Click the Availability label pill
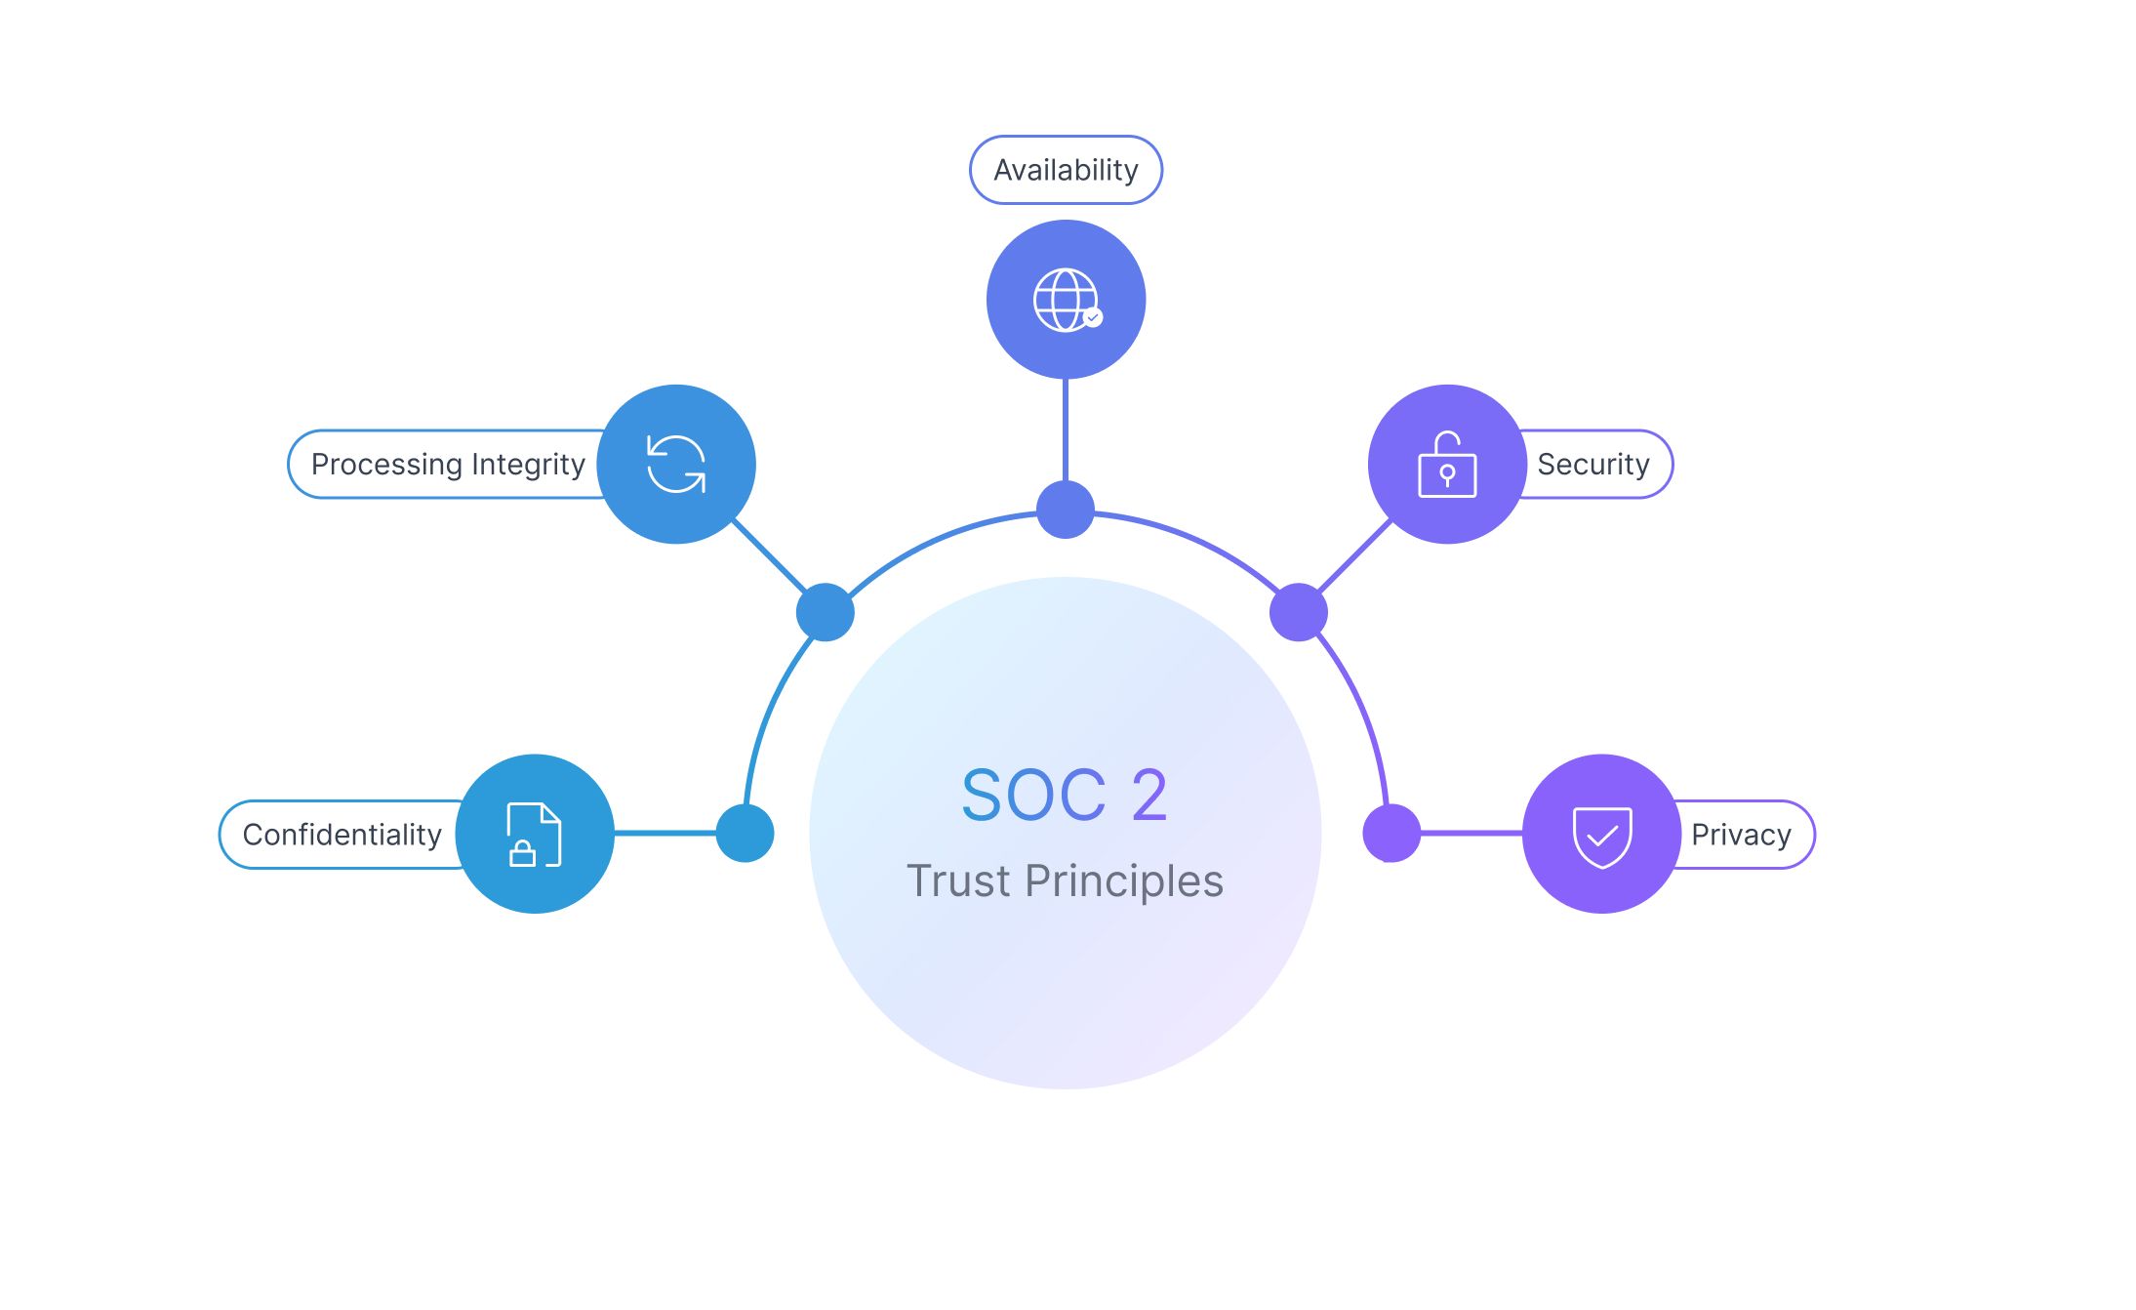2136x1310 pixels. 1066,170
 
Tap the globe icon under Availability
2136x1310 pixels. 1065,300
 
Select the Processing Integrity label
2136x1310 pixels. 448,464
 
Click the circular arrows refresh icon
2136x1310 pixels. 676,464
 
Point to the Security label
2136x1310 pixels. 1593,464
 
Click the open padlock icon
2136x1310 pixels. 1447,465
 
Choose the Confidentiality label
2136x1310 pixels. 342,835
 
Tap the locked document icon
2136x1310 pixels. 534,835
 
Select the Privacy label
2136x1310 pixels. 1741,835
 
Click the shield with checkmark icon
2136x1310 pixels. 1602,836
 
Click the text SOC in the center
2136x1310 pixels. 1033,795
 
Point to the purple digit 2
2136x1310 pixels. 1149,795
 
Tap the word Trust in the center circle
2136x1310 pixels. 957,880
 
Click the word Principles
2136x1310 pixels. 1124,880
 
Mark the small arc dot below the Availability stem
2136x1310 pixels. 1066,510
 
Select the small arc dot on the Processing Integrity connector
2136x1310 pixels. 826,612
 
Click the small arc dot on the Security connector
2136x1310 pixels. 1299,612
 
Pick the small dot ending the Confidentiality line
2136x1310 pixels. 746,834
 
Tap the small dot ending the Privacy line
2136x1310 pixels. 1391,834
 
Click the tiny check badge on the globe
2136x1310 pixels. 1093,317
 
